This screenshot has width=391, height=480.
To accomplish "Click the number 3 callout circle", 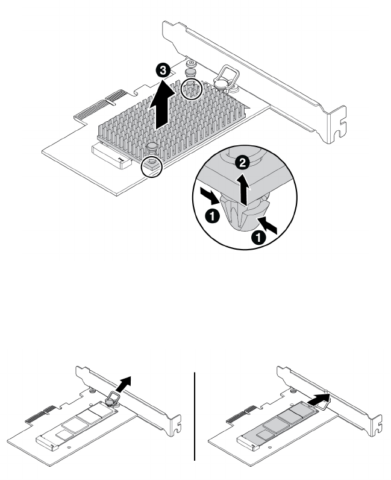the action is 163,71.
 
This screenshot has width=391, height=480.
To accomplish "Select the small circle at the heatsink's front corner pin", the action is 151,167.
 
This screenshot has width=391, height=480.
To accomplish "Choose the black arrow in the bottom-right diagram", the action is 317,400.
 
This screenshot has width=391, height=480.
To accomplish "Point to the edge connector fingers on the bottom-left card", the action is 39,414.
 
